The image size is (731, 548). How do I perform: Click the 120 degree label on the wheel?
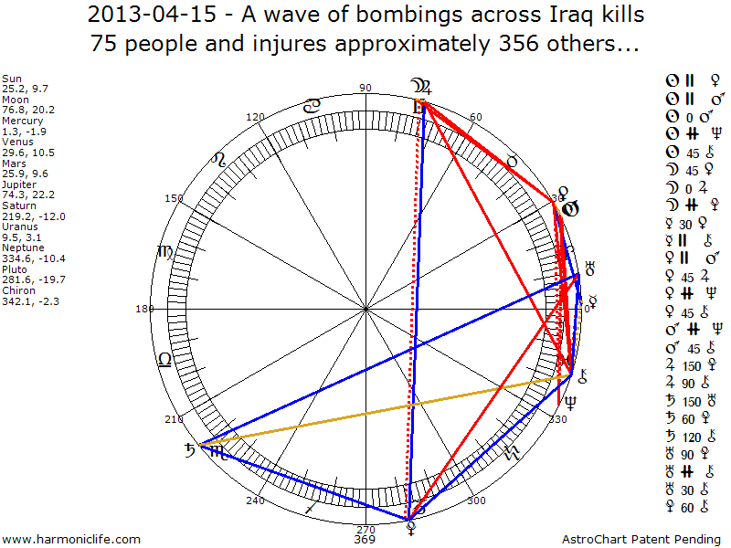(x=255, y=117)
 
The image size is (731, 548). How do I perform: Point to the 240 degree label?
(x=255, y=501)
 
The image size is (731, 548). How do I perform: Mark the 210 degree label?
(x=174, y=419)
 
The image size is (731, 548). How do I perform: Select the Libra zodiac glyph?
(x=164, y=359)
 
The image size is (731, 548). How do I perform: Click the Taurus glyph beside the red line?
(x=512, y=161)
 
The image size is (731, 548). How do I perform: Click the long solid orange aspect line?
(x=384, y=410)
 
